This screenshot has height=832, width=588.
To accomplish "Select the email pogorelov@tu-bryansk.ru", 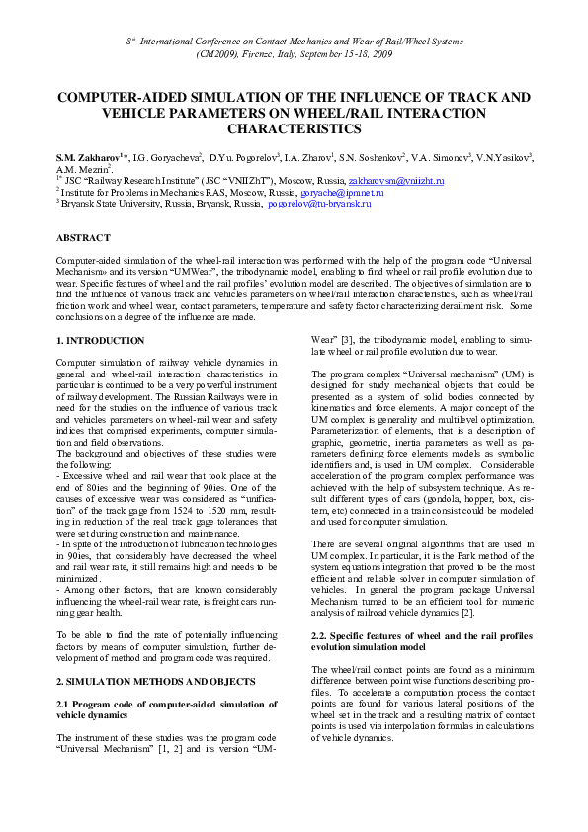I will click(x=319, y=203).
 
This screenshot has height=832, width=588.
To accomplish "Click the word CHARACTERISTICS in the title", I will click(x=294, y=127).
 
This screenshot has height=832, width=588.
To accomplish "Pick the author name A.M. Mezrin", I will click(x=82, y=169).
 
